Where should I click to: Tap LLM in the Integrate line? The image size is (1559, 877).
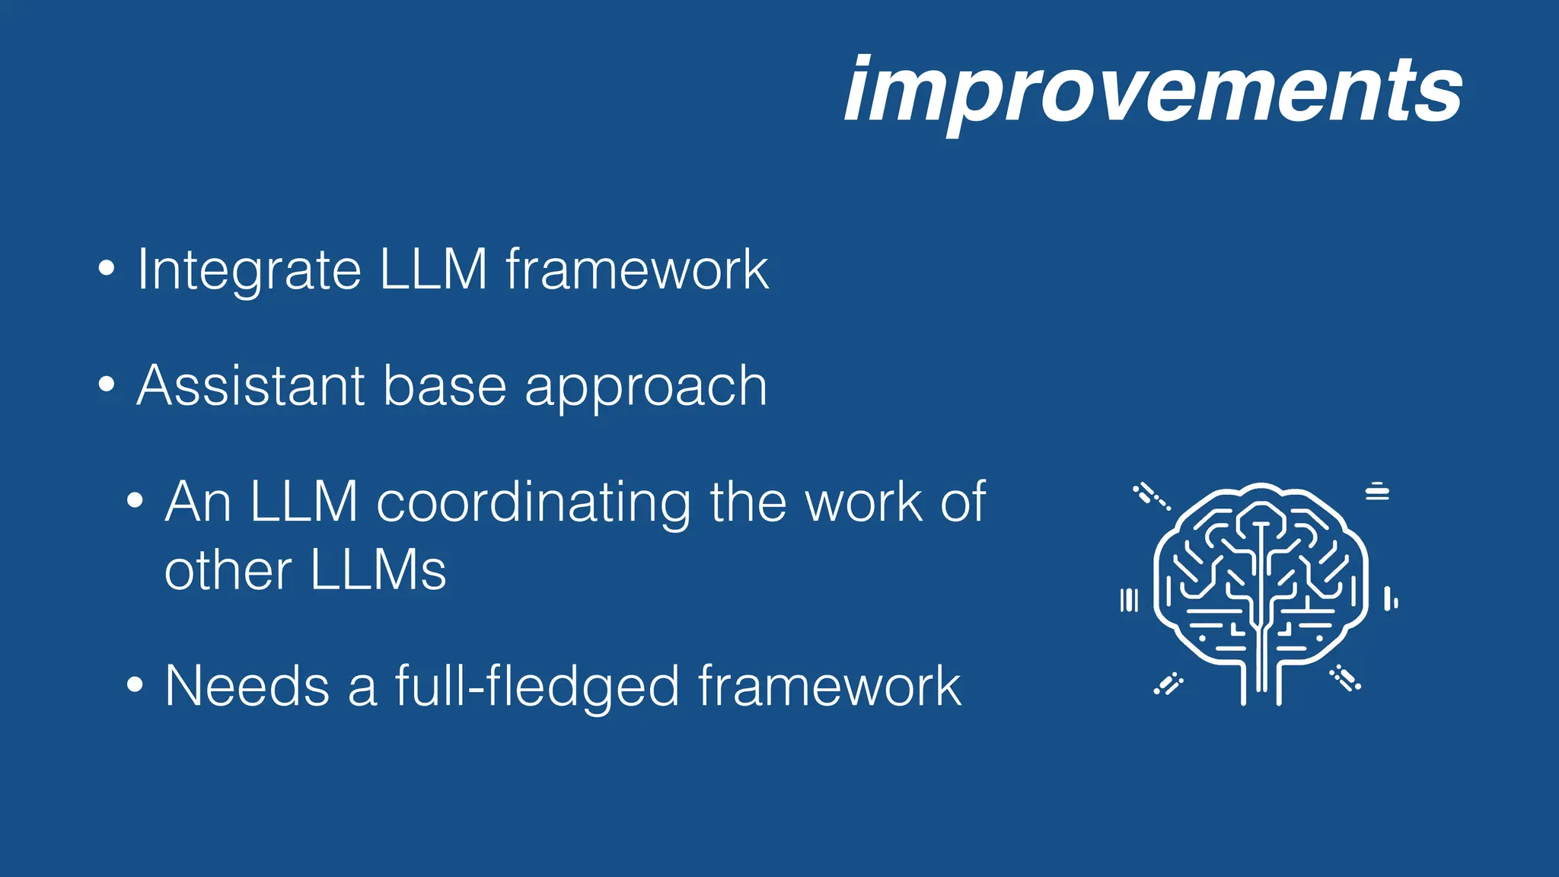tap(433, 269)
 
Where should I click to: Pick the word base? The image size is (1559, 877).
tap(445, 386)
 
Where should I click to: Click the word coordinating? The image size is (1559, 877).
tap(534, 504)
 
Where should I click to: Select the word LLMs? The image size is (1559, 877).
tap(378, 570)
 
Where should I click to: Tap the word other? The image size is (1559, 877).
tap(228, 570)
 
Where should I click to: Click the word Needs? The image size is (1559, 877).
tap(247, 686)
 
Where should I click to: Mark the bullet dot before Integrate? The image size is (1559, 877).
tap(107, 268)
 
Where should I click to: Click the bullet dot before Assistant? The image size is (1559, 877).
tap(107, 384)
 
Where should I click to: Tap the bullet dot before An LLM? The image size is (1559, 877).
tap(135, 501)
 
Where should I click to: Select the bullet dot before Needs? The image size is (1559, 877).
tap(135, 684)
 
